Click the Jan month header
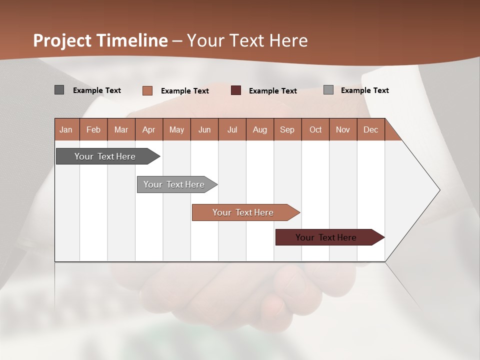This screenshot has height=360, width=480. pos(66,129)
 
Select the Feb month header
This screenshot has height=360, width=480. pos(93,129)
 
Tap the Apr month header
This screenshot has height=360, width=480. pos(148,129)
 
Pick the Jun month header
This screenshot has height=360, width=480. pos(204,129)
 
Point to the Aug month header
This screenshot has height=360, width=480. pos(259,129)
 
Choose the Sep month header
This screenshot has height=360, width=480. pos(287,129)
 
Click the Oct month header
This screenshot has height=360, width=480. pos(315,129)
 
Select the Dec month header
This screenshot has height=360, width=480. pos(370,129)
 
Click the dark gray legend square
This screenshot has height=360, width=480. pos(59,90)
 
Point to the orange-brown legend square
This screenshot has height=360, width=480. pos(147,90)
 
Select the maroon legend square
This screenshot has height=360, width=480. pos(236,90)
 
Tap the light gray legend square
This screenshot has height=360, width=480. pos(328,90)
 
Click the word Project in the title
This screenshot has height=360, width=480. pos(62,40)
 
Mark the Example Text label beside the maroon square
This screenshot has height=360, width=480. pos(273,91)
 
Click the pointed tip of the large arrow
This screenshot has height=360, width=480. pos(438,190)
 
